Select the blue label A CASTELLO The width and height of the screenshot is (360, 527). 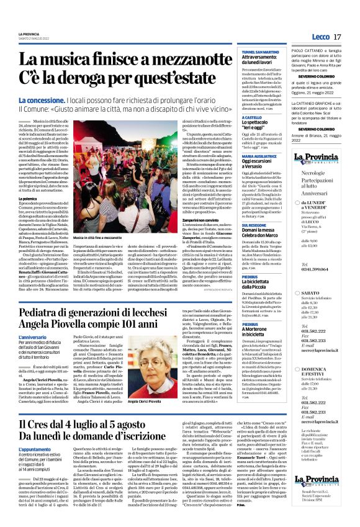pyautogui.click(x=251, y=117)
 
